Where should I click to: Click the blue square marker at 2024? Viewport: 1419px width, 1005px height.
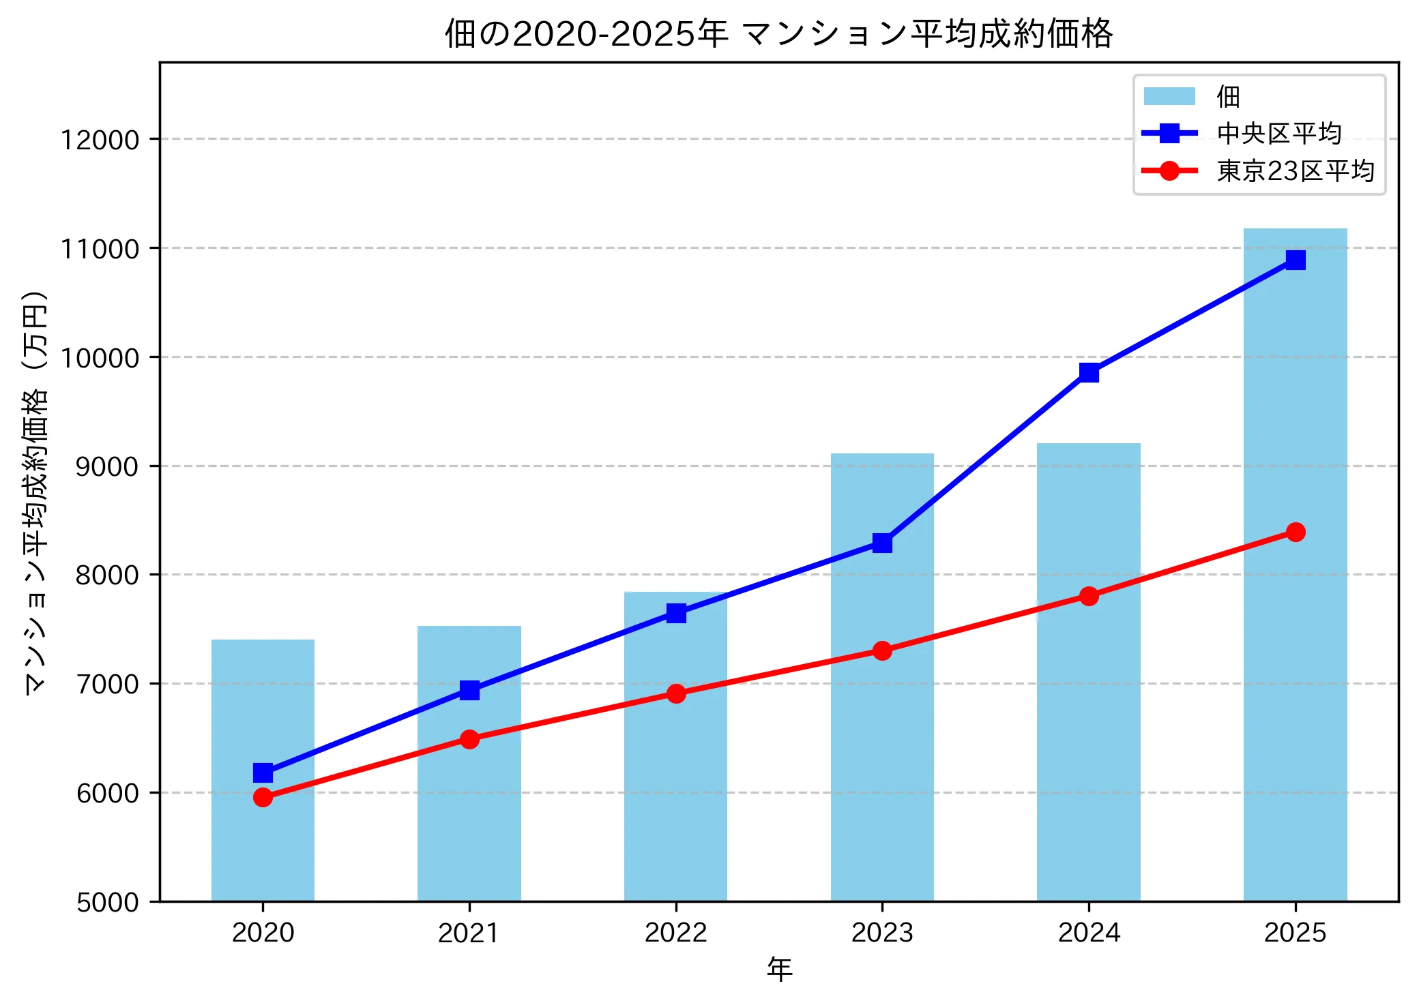point(1089,372)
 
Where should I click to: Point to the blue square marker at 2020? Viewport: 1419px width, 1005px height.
point(263,772)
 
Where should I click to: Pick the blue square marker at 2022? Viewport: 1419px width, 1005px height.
point(676,613)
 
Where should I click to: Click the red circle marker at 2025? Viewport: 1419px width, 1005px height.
point(1296,532)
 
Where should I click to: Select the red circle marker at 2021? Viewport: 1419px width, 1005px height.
point(469,739)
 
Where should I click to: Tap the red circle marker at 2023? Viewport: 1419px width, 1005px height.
point(882,650)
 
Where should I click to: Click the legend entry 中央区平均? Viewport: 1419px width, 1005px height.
point(1278,134)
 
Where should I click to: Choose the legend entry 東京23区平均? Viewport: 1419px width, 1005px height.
point(1294,171)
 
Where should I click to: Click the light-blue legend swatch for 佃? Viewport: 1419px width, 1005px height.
point(1169,96)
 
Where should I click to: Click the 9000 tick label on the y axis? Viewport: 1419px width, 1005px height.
point(106,466)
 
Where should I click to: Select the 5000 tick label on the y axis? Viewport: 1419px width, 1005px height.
point(106,902)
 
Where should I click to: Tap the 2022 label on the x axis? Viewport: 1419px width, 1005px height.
point(675,932)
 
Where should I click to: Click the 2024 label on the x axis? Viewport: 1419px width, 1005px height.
point(1089,932)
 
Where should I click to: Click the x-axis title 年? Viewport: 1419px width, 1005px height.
point(779,969)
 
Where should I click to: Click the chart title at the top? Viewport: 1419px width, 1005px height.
point(778,33)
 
